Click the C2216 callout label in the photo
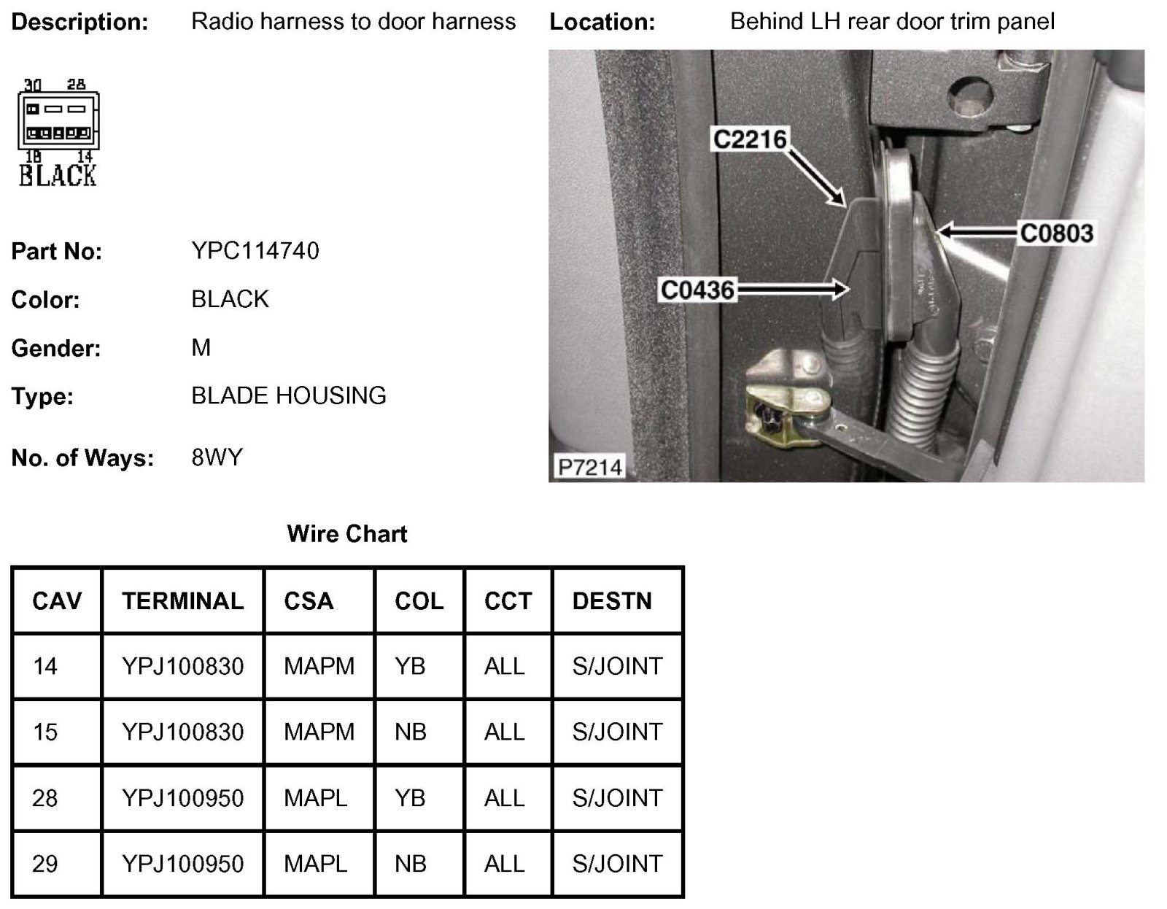click(750, 139)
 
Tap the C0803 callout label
click(1056, 233)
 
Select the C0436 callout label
click(697, 290)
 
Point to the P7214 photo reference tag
click(589, 467)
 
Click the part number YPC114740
click(255, 251)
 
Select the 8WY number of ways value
click(217, 457)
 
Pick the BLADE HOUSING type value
click(289, 395)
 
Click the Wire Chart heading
click(347, 534)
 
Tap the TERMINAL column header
click(183, 601)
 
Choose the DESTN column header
click(612, 601)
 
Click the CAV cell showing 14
click(45, 666)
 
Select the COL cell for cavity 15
click(411, 732)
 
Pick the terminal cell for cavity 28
click(183, 798)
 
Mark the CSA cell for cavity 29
click(315, 864)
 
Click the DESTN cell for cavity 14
click(617, 666)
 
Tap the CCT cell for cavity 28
click(504, 798)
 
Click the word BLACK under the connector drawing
click(58, 175)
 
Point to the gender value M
click(201, 348)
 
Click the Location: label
click(602, 23)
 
